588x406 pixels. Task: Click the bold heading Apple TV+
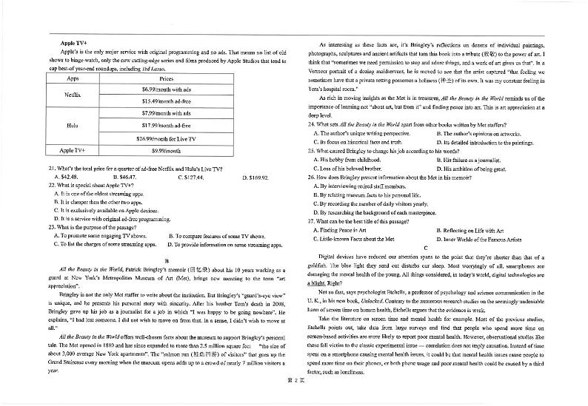pyautogui.click(x=74, y=44)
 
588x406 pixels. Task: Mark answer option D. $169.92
pyautogui.click(x=255, y=177)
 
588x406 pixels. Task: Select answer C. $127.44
pyautogui.click(x=191, y=177)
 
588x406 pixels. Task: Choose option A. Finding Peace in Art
pyautogui.click(x=344, y=231)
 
